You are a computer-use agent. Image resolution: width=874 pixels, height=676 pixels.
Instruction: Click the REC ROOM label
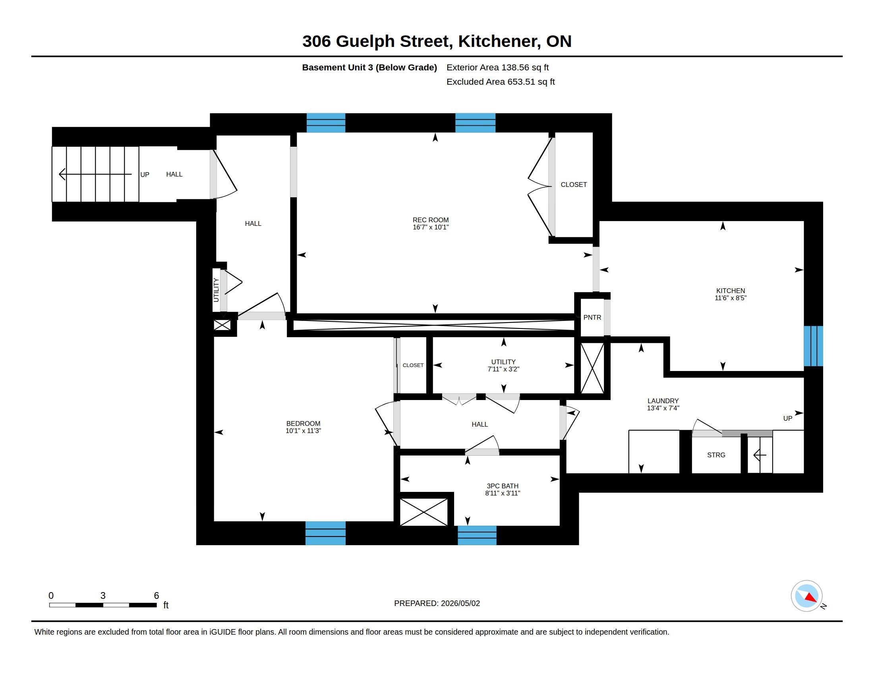click(x=431, y=220)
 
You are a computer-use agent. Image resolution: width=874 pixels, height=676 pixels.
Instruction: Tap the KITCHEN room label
click(x=730, y=291)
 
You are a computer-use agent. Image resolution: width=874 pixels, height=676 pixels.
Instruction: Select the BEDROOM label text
click(x=303, y=423)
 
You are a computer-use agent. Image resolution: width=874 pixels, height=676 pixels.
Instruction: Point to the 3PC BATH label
click(x=502, y=486)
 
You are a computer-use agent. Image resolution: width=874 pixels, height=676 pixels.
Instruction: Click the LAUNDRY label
click(x=663, y=401)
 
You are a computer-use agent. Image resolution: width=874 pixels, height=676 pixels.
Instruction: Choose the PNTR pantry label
click(x=592, y=317)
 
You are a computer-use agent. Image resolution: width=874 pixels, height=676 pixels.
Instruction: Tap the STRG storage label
click(x=716, y=455)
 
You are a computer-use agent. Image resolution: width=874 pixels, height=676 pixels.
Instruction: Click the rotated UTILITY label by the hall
click(x=216, y=290)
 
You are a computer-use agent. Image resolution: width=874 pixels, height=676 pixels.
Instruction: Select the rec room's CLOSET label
click(x=573, y=185)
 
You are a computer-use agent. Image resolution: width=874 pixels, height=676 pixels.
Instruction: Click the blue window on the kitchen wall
click(x=813, y=346)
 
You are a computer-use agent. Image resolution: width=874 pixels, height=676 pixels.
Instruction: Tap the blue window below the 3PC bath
click(x=477, y=536)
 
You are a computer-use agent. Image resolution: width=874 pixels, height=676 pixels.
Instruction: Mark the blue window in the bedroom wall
click(x=325, y=533)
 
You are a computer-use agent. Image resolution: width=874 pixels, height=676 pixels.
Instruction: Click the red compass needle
click(x=810, y=598)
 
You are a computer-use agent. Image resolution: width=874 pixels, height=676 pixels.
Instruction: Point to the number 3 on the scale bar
click(x=103, y=596)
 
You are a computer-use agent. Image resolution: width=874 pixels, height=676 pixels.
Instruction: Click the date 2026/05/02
click(x=460, y=603)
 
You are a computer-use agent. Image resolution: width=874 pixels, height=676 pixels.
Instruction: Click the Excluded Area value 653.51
click(x=521, y=82)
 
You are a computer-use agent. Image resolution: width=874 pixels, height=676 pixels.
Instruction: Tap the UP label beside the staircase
click(x=145, y=175)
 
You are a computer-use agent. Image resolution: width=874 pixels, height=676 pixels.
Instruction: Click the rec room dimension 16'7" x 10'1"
click(x=431, y=227)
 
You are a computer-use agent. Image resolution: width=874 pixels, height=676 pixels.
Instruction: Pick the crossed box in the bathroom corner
click(x=424, y=512)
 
